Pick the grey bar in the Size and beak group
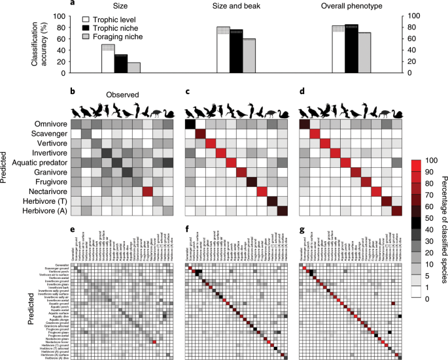point(249,56)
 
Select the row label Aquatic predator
point(41,161)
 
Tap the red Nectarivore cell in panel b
point(148,191)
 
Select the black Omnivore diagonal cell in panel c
point(191,124)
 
